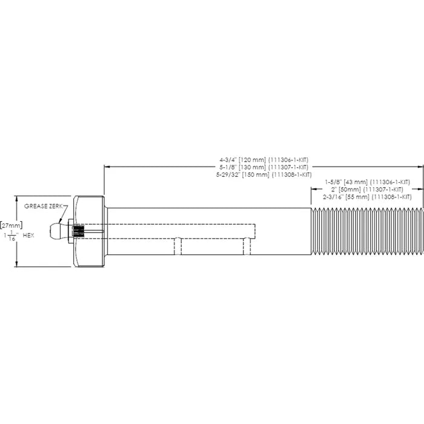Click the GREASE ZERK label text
pyautogui.click(x=44, y=206)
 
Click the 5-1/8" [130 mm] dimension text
pyautogui.click(x=263, y=167)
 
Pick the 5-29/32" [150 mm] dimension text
pyautogui.click(x=263, y=174)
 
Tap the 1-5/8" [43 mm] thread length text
pyautogui.click(x=367, y=182)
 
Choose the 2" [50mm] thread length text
pyautogui.click(x=367, y=189)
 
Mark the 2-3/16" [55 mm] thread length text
pyautogui.click(x=367, y=197)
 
